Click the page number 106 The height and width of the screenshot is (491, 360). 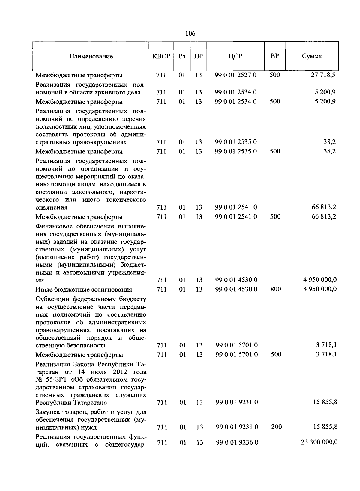click(190, 33)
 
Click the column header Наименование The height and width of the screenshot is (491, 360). click(91, 56)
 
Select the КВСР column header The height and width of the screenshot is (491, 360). click(161, 56)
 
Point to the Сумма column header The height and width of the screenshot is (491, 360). click(312, 56)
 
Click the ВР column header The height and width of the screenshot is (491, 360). click(274, 56)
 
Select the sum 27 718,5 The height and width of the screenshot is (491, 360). click(323, 75)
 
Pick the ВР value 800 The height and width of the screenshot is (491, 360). click(275, 289)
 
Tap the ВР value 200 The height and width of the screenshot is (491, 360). click(276, 427)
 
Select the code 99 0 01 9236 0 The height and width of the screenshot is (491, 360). click(237, 442)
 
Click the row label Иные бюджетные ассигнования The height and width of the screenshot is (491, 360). click(84, 290)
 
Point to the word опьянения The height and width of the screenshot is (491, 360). click(51, 207)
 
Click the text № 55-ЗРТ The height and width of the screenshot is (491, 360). click(51, 380)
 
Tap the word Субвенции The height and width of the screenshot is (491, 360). click(52, 299)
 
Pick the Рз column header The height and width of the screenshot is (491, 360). click(182, 56)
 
